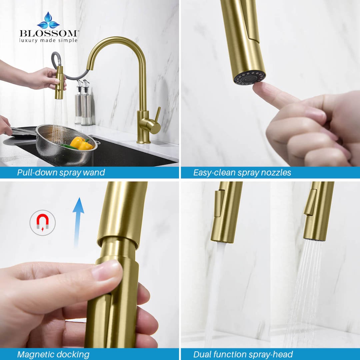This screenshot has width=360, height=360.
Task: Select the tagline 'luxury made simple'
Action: click(48, 40)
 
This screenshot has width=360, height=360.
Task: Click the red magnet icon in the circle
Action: click(43, 222)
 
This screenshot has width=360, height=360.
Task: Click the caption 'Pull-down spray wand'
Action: click(61, 172)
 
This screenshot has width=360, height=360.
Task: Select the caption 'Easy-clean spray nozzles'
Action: click(242, 172)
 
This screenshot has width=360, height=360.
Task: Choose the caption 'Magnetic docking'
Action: click(53, 354)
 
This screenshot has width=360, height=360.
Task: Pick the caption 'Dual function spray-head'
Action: click(243, 354)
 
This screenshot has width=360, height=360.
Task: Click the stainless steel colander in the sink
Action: click(67, 147)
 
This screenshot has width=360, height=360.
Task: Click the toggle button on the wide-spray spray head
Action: click(310, 202)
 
